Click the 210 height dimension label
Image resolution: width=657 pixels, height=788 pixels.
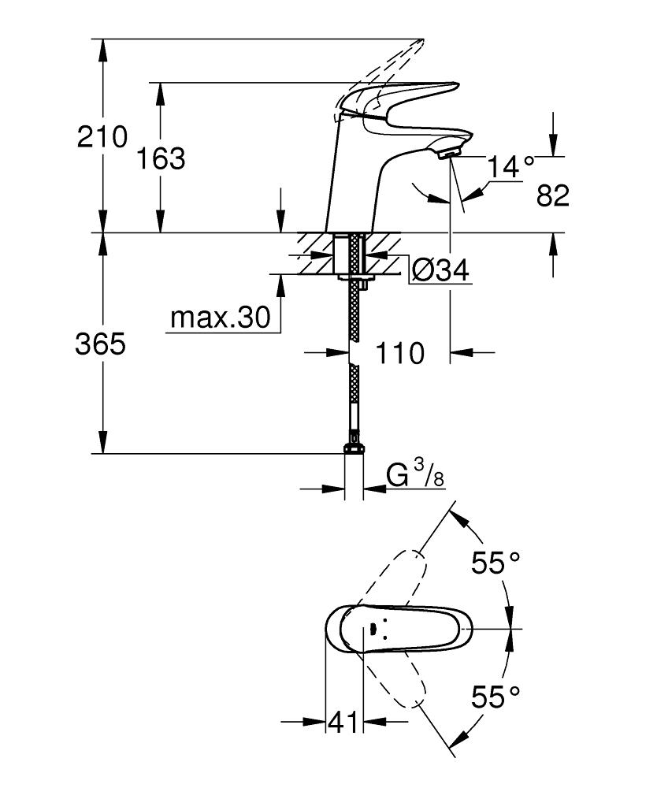click(102, 136)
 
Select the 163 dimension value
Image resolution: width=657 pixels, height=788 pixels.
click(161, 159)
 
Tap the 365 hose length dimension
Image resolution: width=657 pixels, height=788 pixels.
click(100, 345)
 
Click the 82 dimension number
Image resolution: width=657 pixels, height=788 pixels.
click(552, 195)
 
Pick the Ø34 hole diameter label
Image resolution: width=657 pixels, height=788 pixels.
click(440, 271)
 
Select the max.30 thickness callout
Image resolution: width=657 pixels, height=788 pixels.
click(220, 318)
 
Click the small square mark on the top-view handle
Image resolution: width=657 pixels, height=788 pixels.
click(373, 628)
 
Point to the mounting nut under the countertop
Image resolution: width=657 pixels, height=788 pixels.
click(354, 277)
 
